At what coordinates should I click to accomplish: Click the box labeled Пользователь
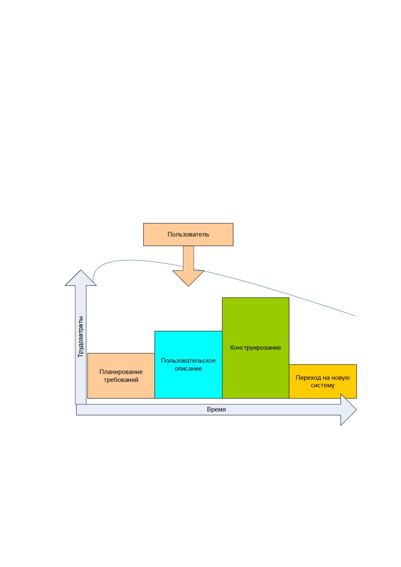188,234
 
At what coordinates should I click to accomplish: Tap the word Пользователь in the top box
188,234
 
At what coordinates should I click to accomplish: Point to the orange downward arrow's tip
188,286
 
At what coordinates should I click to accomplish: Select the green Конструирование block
256,348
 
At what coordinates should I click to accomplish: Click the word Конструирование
256,347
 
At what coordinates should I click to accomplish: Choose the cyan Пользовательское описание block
188,365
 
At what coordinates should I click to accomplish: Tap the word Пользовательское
188,361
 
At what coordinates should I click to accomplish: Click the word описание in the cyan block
188,369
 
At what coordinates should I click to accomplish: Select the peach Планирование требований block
121,376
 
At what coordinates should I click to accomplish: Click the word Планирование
121,372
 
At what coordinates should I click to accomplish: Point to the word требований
121,380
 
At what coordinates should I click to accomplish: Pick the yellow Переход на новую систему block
323,381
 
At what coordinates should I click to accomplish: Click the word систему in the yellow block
323,385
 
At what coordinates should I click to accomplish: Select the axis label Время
216,409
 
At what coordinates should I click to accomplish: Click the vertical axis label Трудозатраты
80,337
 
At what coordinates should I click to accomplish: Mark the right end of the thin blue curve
356,316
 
